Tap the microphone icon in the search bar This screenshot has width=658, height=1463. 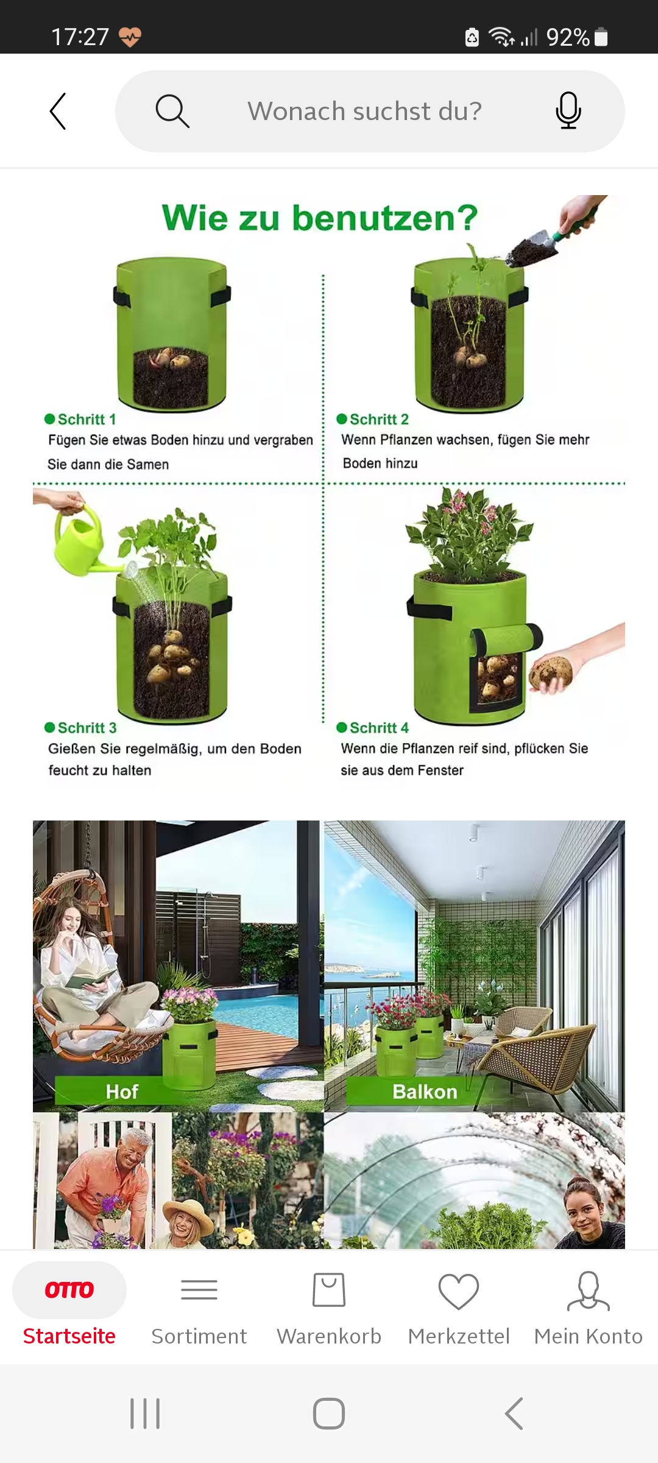568,110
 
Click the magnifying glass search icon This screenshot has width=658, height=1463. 172,111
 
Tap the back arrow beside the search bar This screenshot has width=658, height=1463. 58,111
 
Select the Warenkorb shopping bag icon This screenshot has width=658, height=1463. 329,1289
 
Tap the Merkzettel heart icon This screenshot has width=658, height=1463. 459,1290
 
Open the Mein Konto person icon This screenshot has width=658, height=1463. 588,1290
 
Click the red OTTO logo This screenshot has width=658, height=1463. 69,1289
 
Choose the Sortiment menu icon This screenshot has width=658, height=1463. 199,1290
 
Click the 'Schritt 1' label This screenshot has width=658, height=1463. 80,419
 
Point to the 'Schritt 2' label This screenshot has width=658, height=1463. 372,419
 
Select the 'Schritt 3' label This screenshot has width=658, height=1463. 80,728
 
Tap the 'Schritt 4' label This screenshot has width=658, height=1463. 372,728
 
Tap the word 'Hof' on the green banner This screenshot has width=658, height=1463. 122,1091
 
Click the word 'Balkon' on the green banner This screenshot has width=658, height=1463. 425,1091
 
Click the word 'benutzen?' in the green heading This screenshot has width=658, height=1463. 385,218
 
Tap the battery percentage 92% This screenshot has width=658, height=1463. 568,37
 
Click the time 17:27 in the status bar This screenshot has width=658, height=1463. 80,37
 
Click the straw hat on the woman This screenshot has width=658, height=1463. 187,1198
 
